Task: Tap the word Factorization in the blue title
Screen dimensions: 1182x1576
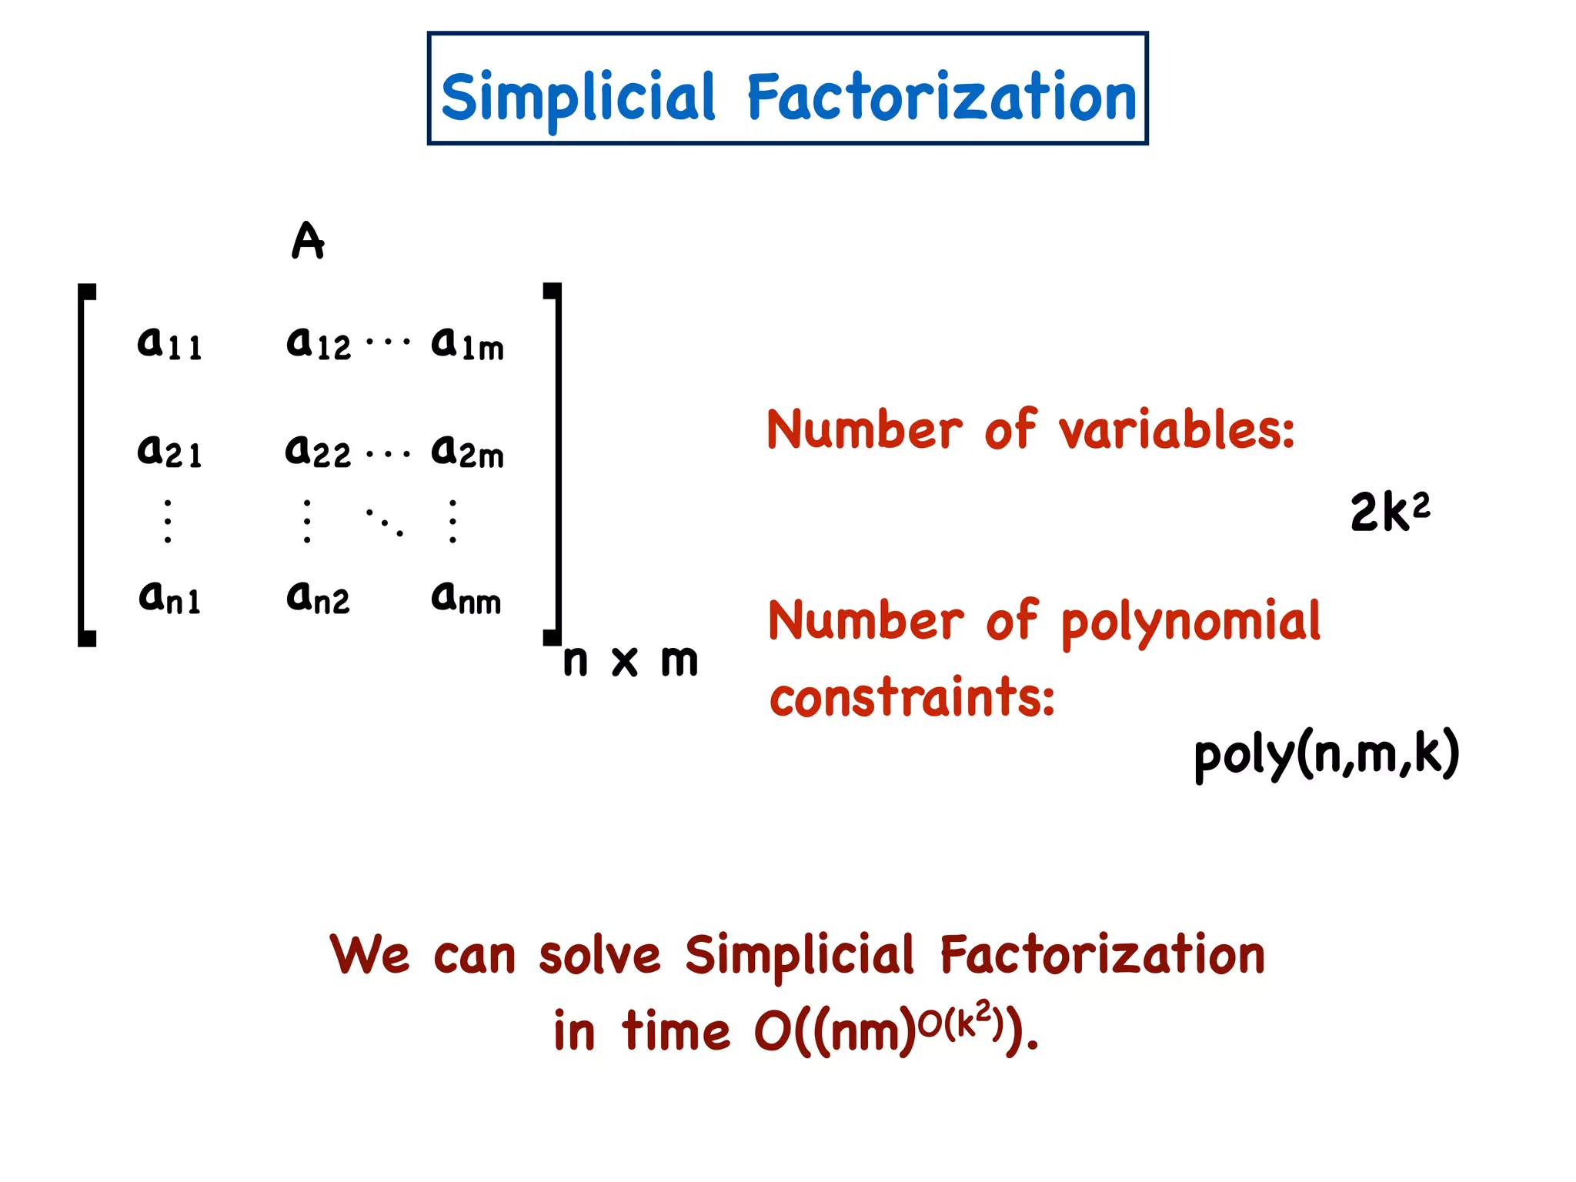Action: (x=941, y=97)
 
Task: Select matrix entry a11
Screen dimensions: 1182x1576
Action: (x=169, y=343)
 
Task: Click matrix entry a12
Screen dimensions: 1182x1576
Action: (x=318, y=343)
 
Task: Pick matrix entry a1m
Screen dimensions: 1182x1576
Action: (x=467, y=343)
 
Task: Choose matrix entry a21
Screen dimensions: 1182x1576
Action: (x=169, y=451)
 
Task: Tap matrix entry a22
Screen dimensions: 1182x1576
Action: (x=318, y=451)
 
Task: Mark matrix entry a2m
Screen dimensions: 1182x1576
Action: (x=467, y=451)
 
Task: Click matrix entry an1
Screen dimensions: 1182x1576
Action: (x=169, y=598)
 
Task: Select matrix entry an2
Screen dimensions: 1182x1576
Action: (x=318, y=598)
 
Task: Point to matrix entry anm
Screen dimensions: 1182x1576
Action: (x=466, y=598)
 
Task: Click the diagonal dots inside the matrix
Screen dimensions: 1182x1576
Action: (x=384, y=522)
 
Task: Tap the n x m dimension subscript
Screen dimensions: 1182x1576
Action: (x=630, y=660)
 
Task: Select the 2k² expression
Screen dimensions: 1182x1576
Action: (x=1390, y=511)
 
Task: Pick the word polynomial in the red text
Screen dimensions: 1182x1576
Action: (x=1190, y=622)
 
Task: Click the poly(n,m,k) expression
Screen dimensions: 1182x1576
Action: (x=1326, y=753)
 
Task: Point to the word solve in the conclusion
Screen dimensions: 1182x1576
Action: (x=599, y=955)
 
